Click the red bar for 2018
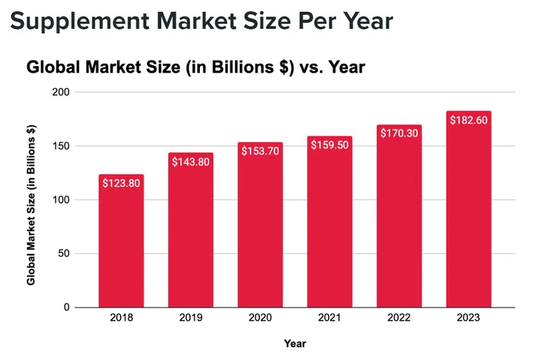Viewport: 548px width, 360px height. coord(121,241)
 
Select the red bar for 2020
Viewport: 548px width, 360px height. coord(260,226)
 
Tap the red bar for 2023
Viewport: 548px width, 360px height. coord(468,211)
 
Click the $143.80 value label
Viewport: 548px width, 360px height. coord(190,161)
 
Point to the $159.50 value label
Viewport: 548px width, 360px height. coord(330,145)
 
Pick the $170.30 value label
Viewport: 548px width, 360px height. coord(399,134)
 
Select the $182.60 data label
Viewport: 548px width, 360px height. coord(469,121)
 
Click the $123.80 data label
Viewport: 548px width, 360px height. coord(121,183)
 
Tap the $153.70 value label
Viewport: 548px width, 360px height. coord(260,151)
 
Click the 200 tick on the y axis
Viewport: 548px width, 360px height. coord(61,93)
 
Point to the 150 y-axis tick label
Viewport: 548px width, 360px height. coord(61,146)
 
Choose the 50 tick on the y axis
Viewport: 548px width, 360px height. coord(64,253)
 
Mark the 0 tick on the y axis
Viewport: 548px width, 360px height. coord(67,307)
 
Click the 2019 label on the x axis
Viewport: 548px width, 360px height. coord(190,319)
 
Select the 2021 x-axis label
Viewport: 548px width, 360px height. coord(330,319)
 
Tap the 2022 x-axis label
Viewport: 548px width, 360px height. coord(399,319)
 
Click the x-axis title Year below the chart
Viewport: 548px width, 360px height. coord(294,344)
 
